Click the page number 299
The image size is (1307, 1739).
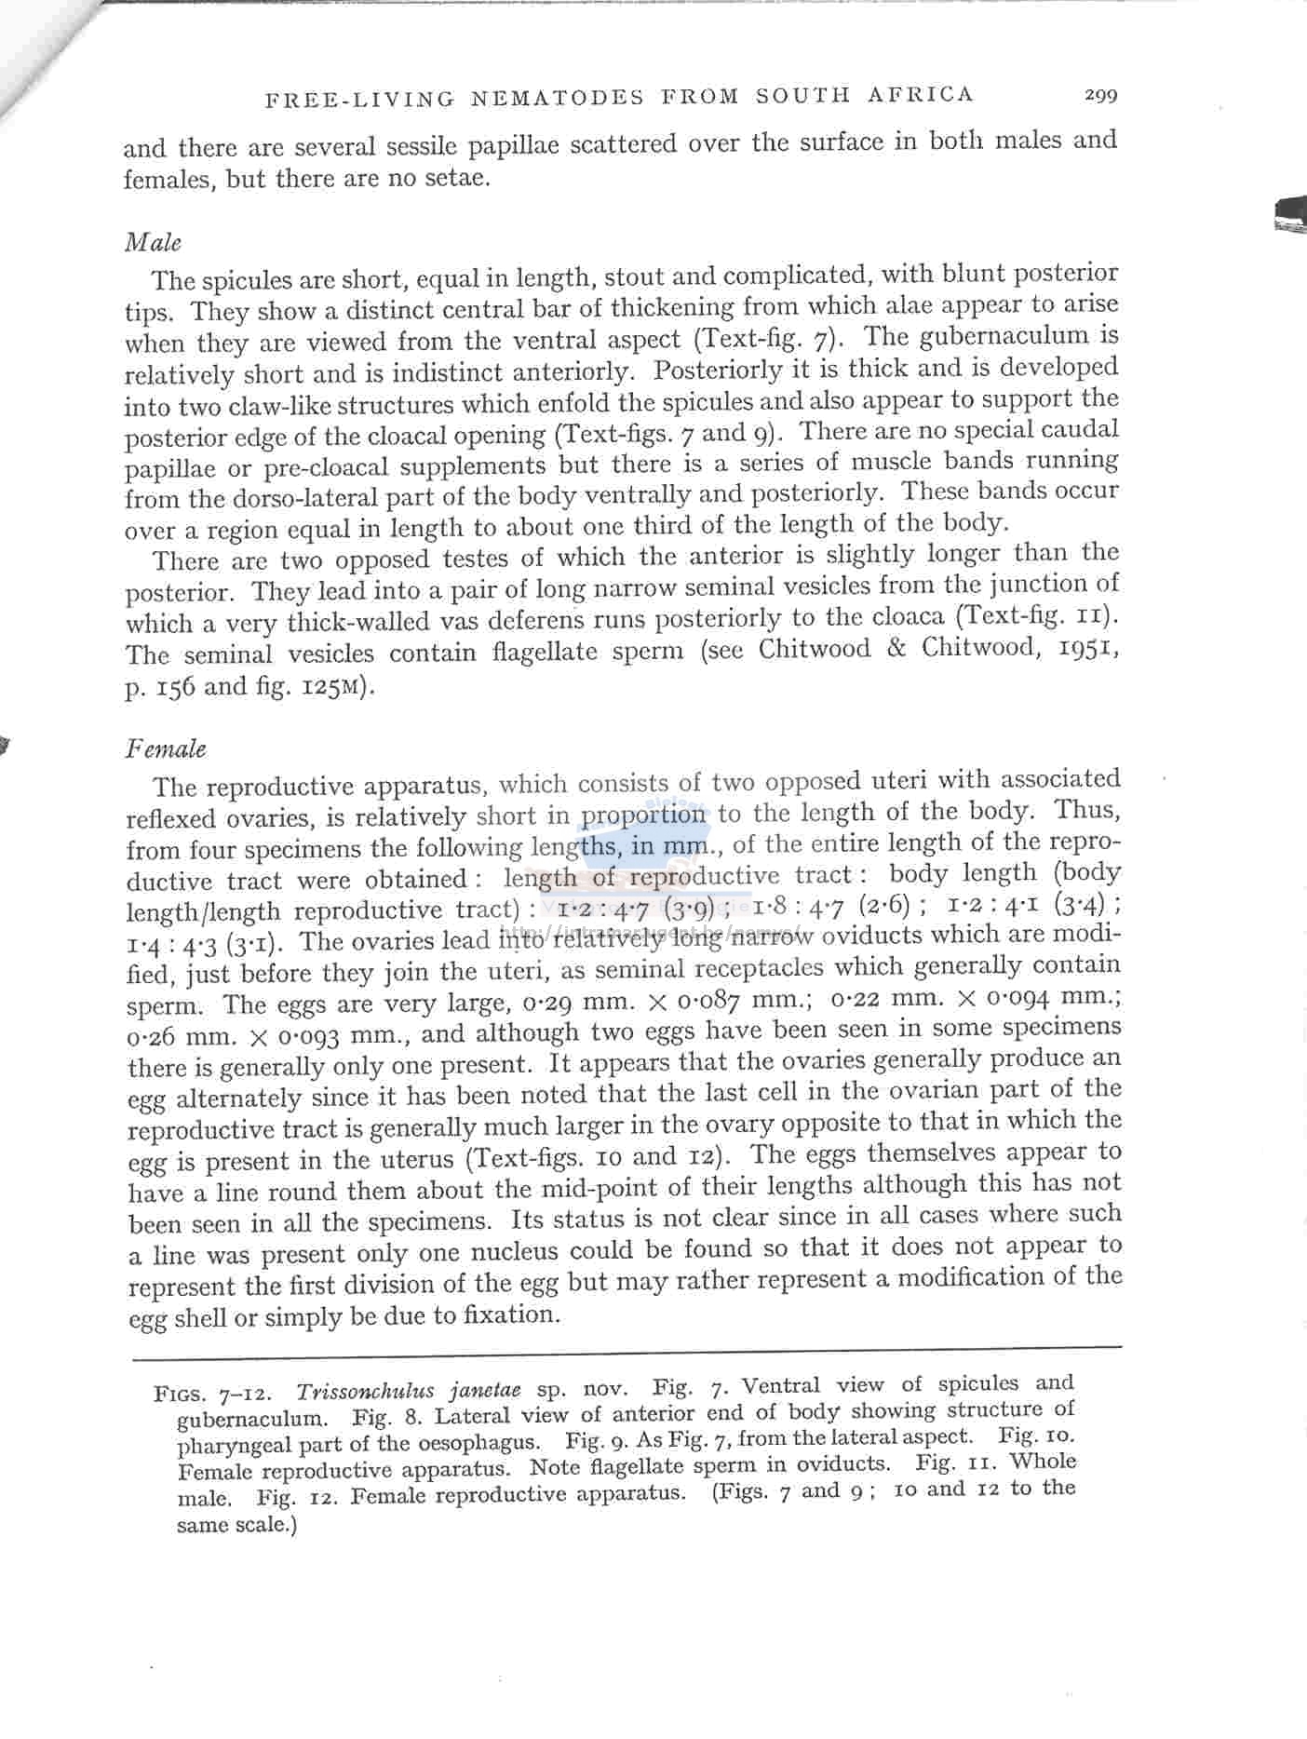[x=1099, y=94]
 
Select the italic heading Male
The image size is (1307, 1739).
[x=153, y=243]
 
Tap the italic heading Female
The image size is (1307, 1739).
[x=166, y=749]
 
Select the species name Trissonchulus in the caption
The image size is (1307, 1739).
[x=365, y=1393]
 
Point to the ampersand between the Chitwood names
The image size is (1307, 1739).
[x=897, y=649]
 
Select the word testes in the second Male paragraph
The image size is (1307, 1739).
[x=481, y=559]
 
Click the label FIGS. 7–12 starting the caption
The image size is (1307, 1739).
[x=212, y=1395]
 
